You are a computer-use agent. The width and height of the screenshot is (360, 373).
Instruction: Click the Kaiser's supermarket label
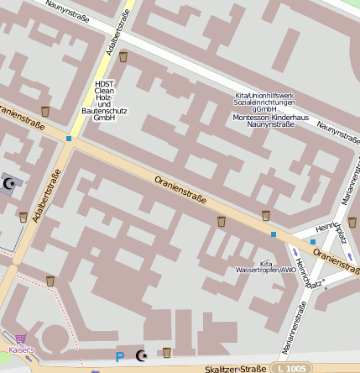click(x=20, y=349)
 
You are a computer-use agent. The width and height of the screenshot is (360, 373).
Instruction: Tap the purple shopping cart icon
click(x=20, y=338)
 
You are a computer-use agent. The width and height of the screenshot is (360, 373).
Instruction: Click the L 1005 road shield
click(x=290, y=369)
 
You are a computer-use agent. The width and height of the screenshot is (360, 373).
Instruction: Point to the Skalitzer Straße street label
click(x=227, y=369)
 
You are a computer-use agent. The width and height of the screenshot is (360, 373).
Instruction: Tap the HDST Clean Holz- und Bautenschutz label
click(x=104, y=100)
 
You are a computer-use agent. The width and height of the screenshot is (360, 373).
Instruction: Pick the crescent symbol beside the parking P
click(x=140, y=356)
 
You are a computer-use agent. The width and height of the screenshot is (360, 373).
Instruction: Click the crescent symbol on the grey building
click(x=10, y=182)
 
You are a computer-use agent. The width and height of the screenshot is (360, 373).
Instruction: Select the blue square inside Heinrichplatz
click(x=313, y=242)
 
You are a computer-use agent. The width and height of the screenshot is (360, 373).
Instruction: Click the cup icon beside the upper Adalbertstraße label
click(x=123, y=57)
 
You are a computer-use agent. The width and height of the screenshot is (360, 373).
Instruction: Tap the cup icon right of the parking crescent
click(x=167, y=353)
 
